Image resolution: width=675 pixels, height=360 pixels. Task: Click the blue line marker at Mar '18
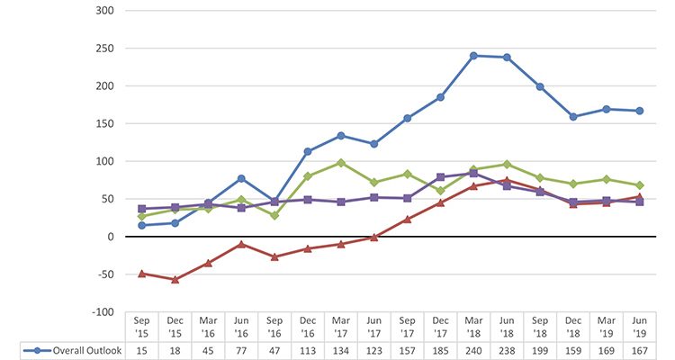click(x=473, y=56)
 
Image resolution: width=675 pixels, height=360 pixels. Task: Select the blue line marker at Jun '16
click(x=241, y=178)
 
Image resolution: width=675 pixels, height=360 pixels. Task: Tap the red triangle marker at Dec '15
click(x=175, y=279)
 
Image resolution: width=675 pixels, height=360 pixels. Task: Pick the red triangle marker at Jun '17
click(x=373, y=237)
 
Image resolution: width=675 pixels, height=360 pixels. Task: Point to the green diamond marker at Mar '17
click(x=341, y=163)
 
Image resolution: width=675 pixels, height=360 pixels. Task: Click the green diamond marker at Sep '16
click(x=274, y=215)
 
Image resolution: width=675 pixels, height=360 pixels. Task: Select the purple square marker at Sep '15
click(x=141, y=209)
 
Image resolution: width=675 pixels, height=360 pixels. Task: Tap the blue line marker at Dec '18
click(x=573, y=116)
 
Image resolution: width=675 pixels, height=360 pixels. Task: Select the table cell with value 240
click(x=473, y=349)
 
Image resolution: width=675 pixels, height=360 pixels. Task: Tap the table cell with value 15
click(x=141, y=349)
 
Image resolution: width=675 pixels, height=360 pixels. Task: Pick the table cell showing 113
click(x=308, y=349)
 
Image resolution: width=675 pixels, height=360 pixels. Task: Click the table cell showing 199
click(x=540, y=349)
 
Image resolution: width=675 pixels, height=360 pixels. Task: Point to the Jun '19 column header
click(x=640, y=325)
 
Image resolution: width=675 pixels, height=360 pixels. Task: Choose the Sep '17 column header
click(x=407, y=325)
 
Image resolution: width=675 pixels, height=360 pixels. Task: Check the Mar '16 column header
click(x=208, y=325)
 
